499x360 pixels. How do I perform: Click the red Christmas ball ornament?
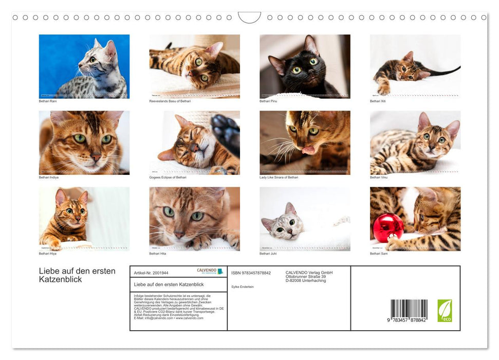tap(388, 228)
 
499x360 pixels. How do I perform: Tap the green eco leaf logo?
tap(445, 311)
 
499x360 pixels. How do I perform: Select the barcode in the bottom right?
tap(409, 311)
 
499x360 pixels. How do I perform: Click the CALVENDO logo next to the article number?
tap(210, 271)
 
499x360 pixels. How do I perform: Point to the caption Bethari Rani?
tap(48, 101)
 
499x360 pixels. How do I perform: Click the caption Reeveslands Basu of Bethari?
tap(170, 101)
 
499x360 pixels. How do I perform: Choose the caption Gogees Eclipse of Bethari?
tap(168, 177)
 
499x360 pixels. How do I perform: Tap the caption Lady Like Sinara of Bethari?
tap(279, 177)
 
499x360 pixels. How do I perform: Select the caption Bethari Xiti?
tap(378, 101)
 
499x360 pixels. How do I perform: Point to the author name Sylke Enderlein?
tap(243, 286)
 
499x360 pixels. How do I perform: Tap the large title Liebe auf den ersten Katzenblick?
tap(77, 275)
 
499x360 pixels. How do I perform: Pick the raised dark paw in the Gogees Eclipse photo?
tap(226, 131)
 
